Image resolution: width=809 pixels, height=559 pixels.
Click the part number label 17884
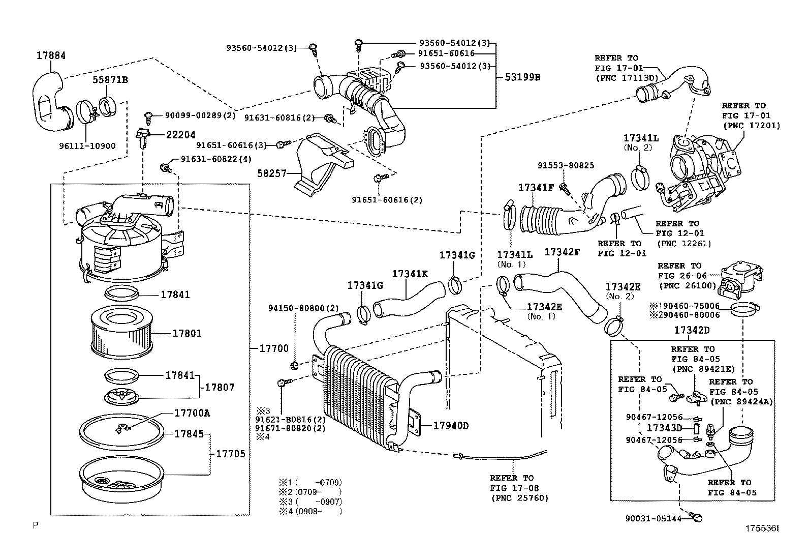[51, 56]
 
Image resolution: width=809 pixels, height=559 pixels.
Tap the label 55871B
[110, 80]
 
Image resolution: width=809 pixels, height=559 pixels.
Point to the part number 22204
[180, 135]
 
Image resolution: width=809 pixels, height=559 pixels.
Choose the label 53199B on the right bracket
[522, 78]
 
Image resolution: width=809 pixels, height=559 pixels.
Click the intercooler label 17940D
[451, 425]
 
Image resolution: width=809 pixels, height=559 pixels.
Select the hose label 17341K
[410, 274]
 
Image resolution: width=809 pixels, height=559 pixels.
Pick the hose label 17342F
[562, 251]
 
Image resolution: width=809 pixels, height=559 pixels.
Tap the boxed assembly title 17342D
[692, 330]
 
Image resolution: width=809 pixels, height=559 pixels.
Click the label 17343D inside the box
[664, 428]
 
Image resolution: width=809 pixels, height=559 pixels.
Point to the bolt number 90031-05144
[654, 518]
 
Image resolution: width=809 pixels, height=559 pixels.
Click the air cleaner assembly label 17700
[274, 348]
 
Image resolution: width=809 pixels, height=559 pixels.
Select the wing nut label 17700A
[192, 413]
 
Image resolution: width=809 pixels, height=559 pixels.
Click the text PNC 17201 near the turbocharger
[752, 125]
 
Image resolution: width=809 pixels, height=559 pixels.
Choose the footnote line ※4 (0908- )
[309, 511]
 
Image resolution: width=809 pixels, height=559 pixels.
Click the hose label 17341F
[536, 188]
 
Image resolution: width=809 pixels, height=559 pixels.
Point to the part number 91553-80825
[566, 165]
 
